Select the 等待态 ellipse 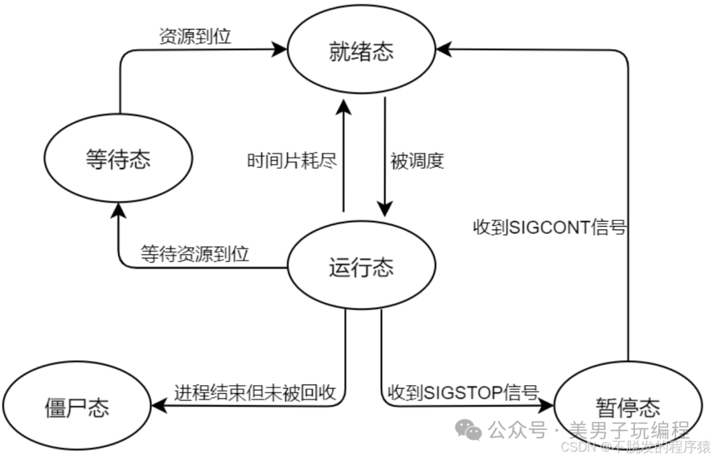pyautogui.click(x=118, y=160)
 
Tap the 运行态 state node pyautogui.click(x=361, y=268)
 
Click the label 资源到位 pyautogui.click(x=195, y=36)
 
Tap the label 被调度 pyautogui.click(x=417, y=160)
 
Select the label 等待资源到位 pyautogui.click(x=195, y=254)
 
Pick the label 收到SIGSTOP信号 pyautogui.click(x=464, y=392)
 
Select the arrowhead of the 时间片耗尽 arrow pyautogui.click(x=343, y=104)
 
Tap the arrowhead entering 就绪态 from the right pyautogui.click(x=443, y=48)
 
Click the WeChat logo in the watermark pyautogui.click(x=473, y=432)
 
